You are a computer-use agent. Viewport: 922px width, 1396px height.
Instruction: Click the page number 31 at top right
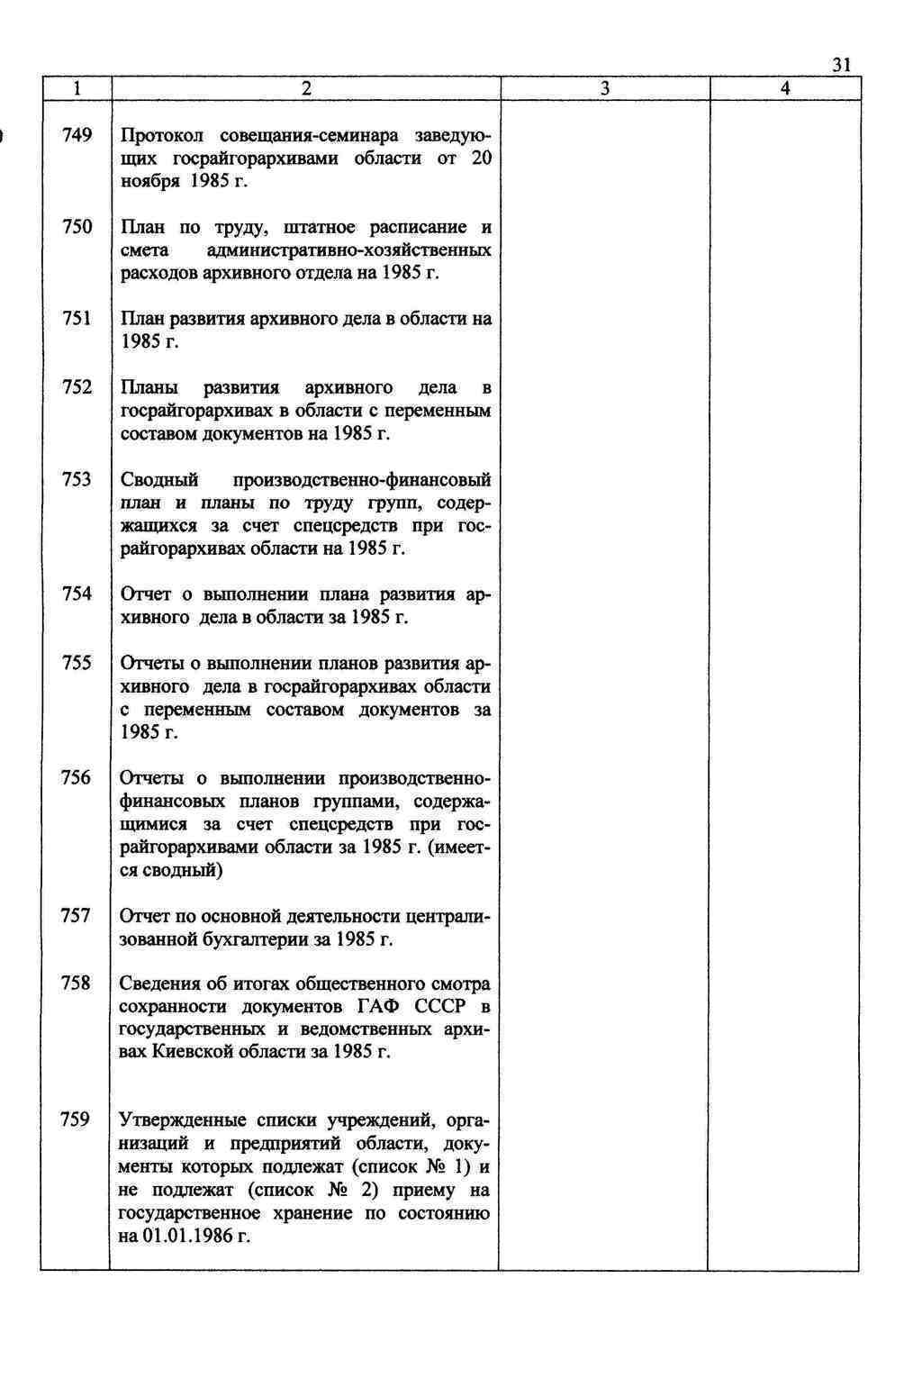click(841, 65)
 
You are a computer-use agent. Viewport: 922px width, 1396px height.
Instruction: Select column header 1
click(77, 88)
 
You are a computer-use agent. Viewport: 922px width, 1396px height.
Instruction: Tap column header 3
click(604, 88)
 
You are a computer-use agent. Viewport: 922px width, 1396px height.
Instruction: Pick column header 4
click(785, 88)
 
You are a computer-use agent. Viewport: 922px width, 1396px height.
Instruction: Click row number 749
click(77, 136)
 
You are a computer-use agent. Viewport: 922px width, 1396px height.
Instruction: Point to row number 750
click(77, 227)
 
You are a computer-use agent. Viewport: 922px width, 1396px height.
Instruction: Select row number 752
click(77, 387)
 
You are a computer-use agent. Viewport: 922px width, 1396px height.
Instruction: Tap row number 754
click(77, 594)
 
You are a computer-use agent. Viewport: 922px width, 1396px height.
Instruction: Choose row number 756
click(77, 778)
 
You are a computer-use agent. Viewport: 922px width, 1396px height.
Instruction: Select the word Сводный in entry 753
click(159, 479)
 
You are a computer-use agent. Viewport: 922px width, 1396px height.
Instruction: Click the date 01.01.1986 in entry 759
click(185, 1236)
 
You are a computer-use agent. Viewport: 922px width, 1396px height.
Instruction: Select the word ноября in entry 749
click(151, 182)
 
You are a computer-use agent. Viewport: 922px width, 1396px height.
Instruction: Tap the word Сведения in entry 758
click(162, 984)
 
